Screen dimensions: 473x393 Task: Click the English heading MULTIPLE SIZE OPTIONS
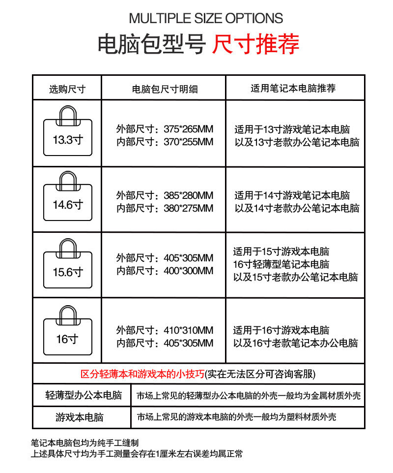205,19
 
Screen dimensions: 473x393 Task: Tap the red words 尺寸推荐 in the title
255,44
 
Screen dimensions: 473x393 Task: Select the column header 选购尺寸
67,89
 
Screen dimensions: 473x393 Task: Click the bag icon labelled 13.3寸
67,133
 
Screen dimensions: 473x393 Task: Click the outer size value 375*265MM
188,129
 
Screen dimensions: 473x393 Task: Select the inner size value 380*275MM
188,208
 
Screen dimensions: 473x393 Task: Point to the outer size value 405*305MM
188,258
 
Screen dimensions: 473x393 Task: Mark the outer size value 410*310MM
188,330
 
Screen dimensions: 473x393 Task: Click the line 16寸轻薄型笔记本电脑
281,264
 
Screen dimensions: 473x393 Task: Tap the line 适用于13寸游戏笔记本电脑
292,130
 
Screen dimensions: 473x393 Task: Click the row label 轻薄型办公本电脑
83,395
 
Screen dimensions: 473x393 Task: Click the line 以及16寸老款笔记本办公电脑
295,343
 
